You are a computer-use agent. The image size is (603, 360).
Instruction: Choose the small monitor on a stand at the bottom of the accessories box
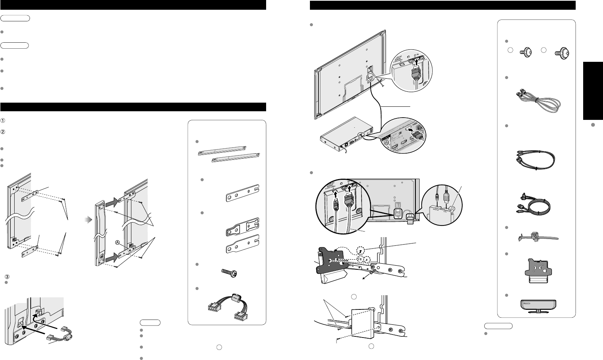[x=536, y=304]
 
